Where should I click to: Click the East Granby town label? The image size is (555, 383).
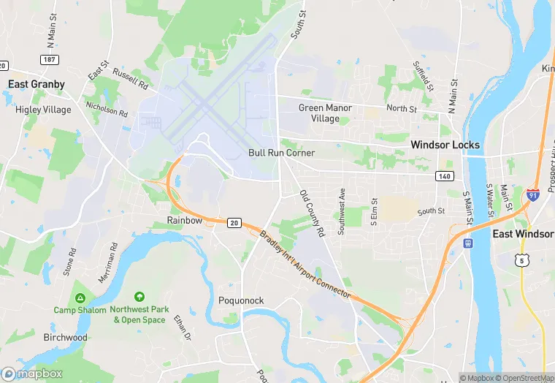coord(37,84)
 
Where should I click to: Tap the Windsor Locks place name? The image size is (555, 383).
coord(445,145)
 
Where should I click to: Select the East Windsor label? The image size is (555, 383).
coord(523,234)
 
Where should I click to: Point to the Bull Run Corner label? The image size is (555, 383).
coord(281,153)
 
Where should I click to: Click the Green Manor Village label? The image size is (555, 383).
coord(325,113)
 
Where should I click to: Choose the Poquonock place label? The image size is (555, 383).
coord(241,301)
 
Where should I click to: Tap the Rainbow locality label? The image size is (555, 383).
coord(184,220)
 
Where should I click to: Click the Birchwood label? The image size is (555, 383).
coord(65,338)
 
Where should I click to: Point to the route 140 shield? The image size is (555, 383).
coord(444,176)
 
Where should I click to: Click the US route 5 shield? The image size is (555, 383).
coord(521,260)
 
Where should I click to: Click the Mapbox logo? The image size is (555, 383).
coord(32,373)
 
